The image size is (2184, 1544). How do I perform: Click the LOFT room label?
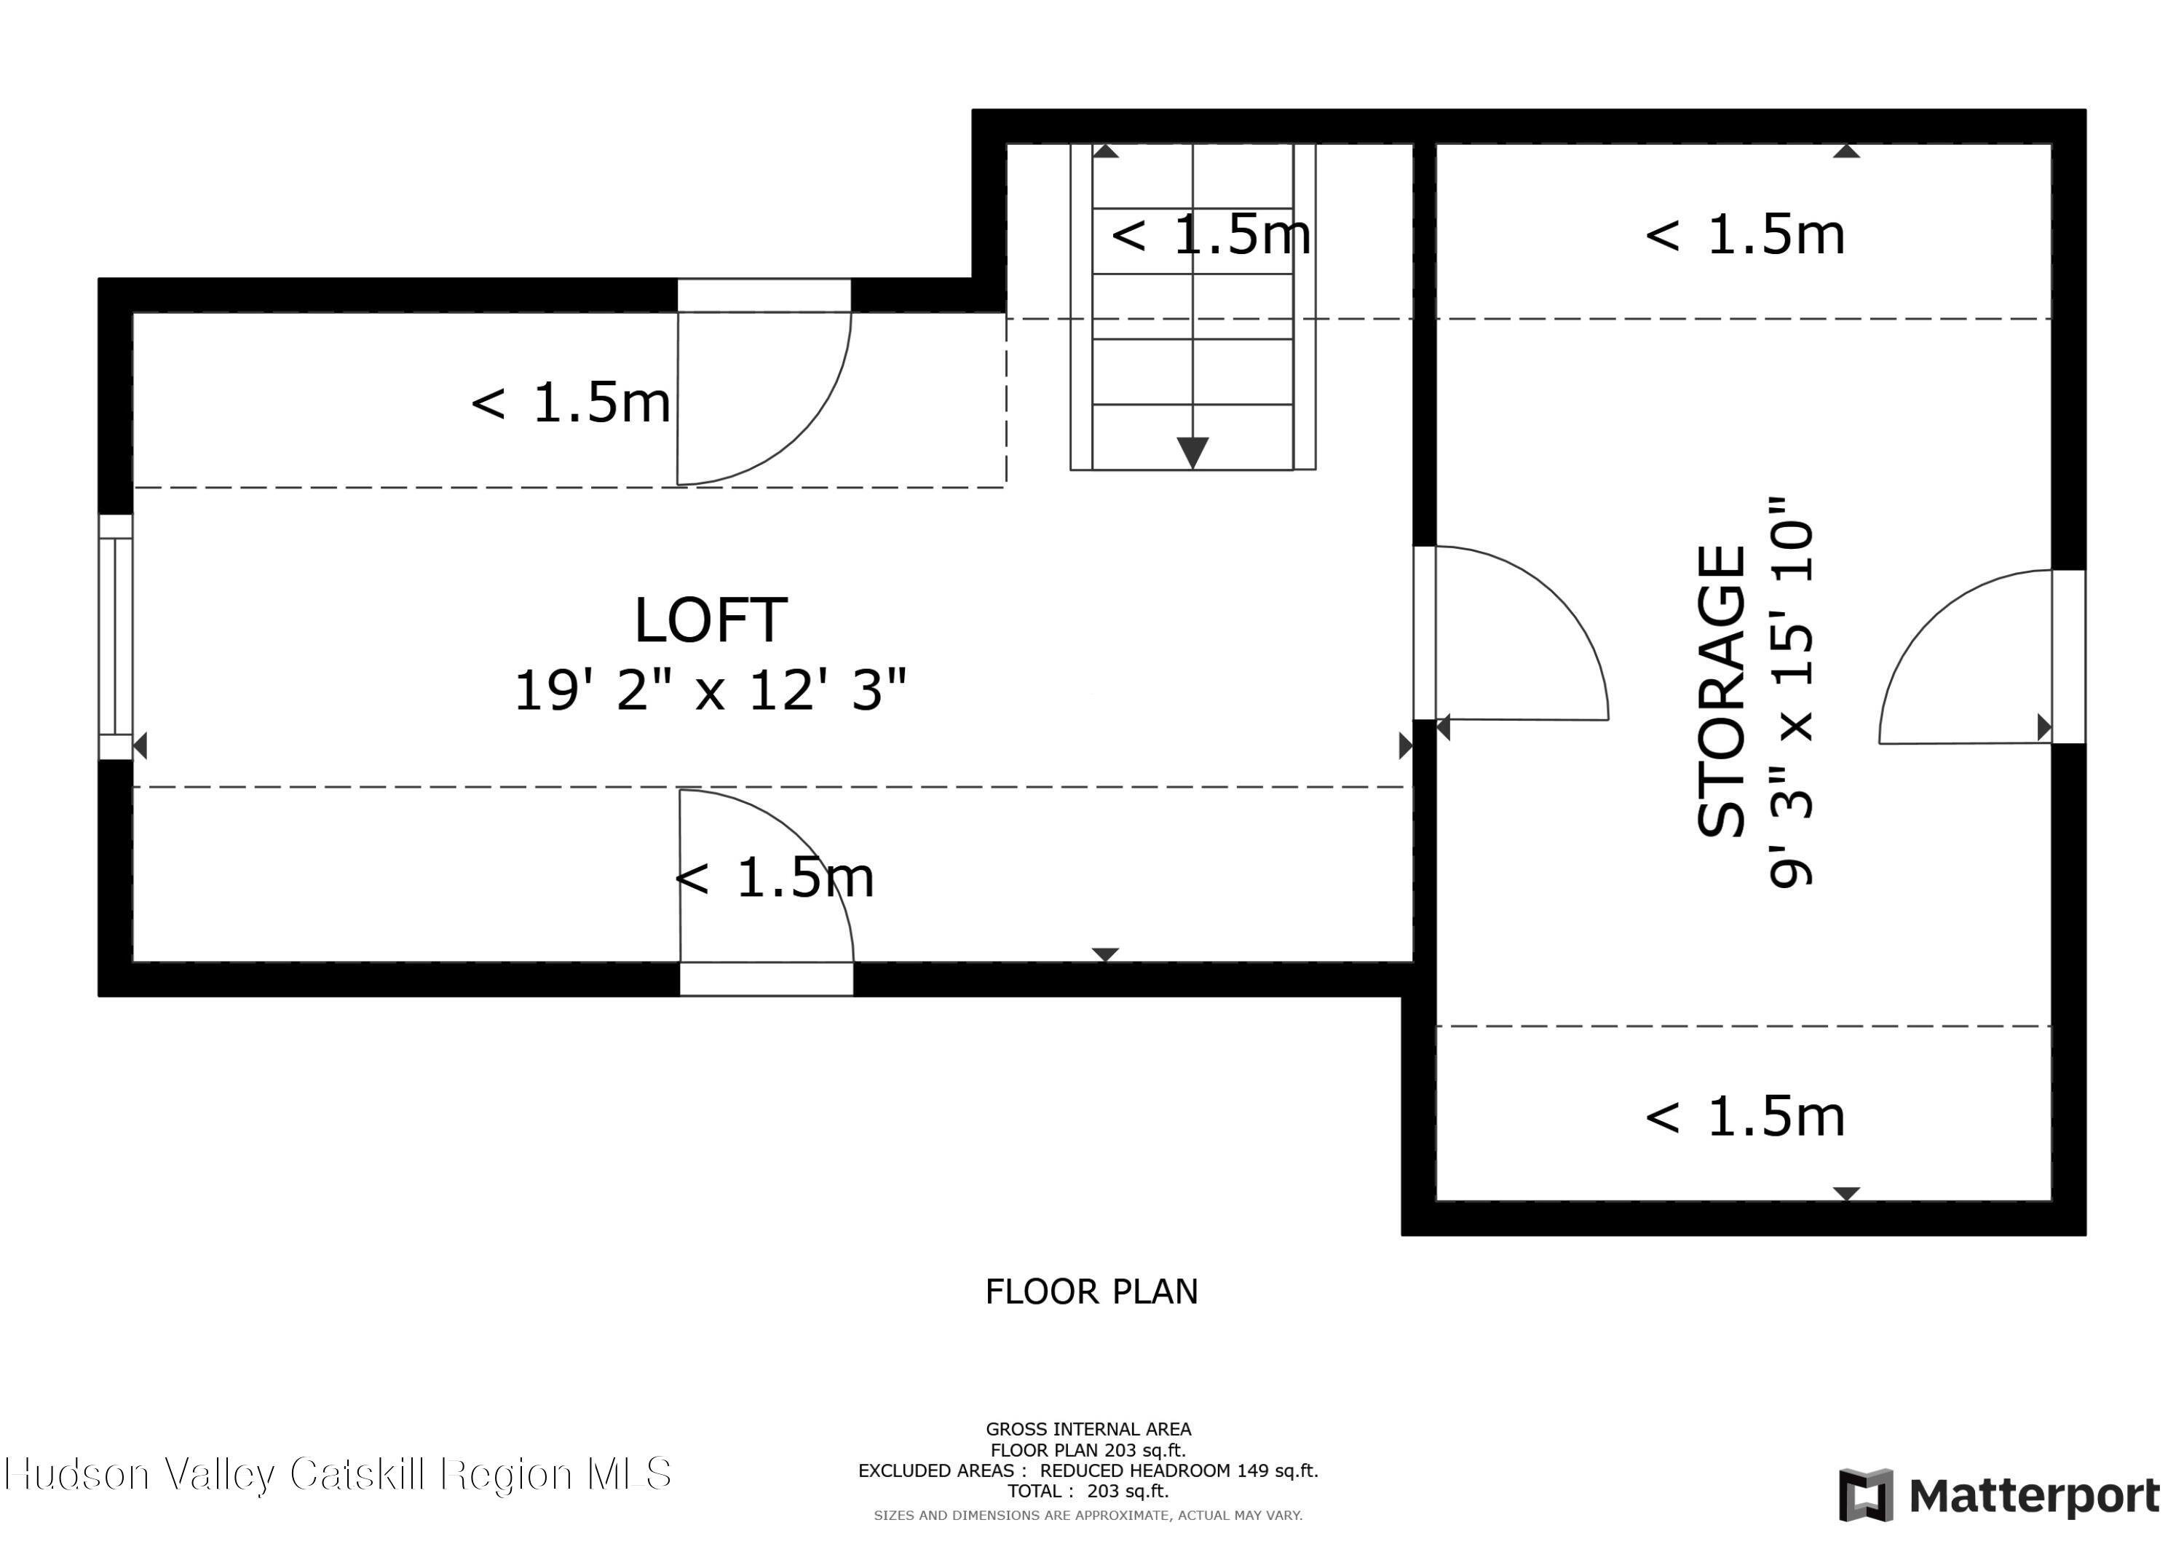click(x=711, y=621)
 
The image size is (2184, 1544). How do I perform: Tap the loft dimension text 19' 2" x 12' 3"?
click(x=711, y=689)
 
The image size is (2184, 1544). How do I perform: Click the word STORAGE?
click(x=1722, y=691)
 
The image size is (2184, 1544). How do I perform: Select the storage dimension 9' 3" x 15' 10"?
click(x=1792, y=692)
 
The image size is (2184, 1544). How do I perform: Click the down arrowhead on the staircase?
click(x=1193, y=451)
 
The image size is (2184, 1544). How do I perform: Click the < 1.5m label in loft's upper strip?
click(x=571, y=403)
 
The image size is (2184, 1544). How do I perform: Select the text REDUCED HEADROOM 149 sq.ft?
click(x=1179, y=1470)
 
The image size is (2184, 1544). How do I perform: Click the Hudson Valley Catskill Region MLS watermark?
click(x=338, y=1473)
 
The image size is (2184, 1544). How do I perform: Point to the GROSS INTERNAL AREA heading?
click(x=1088, y=1429)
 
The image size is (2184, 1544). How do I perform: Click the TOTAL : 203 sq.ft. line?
click(x=1088, y=1492)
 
